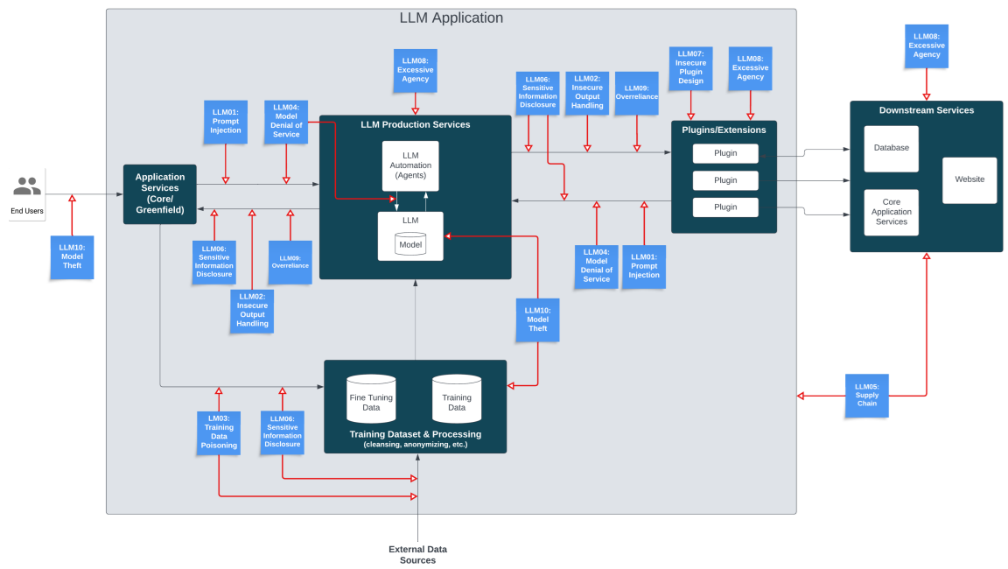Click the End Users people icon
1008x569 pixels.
point(27,186)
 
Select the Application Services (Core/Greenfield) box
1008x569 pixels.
point(159,193)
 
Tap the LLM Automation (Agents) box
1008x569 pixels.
point(410,165)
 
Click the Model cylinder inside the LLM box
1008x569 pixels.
point(410,244)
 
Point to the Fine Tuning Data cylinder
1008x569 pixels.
point(371,399)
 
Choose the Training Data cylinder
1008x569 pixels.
point(457,399)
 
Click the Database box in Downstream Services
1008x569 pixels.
point(891,148)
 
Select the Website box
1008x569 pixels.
point(969,179)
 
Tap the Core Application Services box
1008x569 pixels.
point(891,212)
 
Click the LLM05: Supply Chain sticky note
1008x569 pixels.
point(866,395)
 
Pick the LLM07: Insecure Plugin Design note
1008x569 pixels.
point(690,67)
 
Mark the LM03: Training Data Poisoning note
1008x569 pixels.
point(219,432)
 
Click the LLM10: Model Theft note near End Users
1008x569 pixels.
point(72,256)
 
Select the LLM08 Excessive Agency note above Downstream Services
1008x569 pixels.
point(927,46)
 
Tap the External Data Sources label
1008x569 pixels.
point(417,554)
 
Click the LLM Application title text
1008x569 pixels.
point(451,18)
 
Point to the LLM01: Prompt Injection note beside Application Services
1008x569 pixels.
point(225,122)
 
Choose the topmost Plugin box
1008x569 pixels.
point(725,153)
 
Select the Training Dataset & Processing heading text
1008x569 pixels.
point(415,434)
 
